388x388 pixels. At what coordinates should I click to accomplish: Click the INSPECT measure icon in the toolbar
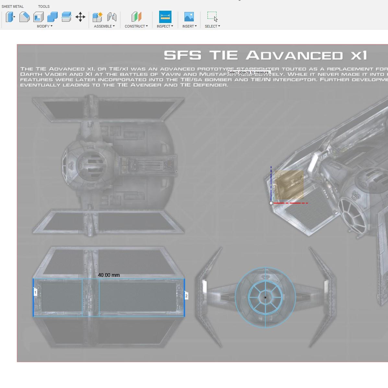[165, 17]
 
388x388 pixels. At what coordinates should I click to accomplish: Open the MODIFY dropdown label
[44, 26]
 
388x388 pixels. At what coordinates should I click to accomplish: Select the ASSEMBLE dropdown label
[104, 26]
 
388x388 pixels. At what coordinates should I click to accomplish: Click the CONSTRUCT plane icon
[136, 17]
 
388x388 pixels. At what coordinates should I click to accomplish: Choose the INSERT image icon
[189, 17]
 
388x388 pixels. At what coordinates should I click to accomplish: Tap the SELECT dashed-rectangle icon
[212, 17]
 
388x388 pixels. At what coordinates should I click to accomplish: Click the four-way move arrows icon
[80, 17]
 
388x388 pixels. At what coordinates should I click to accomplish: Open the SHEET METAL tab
[13, 6]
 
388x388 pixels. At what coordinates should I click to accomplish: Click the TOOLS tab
[44, 6]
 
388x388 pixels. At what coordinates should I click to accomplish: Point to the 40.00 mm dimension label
[109, 275]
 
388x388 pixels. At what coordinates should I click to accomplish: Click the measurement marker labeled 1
[35, 292]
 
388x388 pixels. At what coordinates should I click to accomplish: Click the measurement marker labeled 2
[186, 296]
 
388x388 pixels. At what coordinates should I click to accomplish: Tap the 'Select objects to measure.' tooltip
[249, 72]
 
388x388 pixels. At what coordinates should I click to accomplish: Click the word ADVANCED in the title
[294, 55]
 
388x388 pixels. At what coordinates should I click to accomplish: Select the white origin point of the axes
[271, 203]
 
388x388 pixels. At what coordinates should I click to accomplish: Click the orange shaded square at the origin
[289, 185]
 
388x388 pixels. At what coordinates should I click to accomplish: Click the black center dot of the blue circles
[265, 298]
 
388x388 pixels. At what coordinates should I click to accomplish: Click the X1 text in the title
[359, 55]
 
